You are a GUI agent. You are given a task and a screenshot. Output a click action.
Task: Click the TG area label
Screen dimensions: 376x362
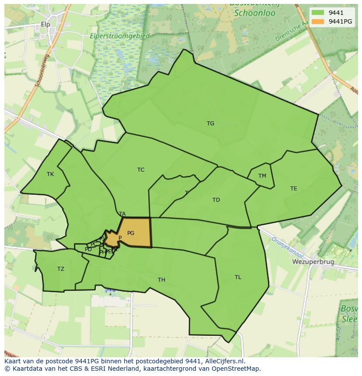point(210,124)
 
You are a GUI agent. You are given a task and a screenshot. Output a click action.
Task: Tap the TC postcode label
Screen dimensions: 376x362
point(140,170)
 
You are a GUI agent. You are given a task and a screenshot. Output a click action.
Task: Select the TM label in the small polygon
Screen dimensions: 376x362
point(262,176)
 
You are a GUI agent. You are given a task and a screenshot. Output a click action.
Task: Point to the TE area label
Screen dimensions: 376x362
point(293,189)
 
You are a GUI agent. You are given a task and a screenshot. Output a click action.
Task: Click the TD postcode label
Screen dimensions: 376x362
point(216,200)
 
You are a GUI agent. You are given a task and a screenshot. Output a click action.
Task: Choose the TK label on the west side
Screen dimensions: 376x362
point(50,174)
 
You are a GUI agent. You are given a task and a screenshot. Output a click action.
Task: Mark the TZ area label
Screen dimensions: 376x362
point(61,269)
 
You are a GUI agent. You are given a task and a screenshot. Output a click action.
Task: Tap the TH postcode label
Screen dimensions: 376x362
point(161,280)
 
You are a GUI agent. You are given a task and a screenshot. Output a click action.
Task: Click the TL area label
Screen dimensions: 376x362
point(238,277)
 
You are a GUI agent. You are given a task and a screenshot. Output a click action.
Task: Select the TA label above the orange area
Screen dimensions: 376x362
point(122,214)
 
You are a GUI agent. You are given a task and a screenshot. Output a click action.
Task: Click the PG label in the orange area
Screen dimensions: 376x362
point(131,233)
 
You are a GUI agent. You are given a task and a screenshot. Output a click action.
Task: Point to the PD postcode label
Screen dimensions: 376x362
point(88,249)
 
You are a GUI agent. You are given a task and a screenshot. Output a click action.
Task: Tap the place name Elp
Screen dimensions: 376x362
point(45,24)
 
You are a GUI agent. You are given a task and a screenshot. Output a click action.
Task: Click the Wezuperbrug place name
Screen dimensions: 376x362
point(313,262)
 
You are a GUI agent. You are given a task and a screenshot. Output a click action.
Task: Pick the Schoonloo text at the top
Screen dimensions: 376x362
point(254,13)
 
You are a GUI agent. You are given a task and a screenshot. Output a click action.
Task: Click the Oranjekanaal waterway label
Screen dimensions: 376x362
point(285,246)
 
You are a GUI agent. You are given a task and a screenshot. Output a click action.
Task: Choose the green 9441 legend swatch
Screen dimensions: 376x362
point(318,13)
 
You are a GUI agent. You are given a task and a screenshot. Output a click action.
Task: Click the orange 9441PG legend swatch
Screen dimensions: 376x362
point(318,21)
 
